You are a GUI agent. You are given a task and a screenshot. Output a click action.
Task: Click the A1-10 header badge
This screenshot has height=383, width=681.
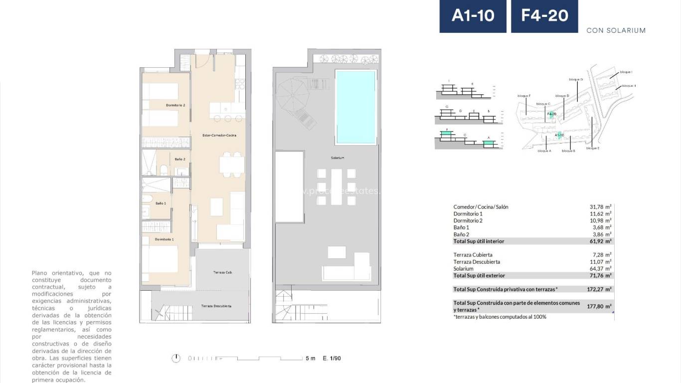[473, 16]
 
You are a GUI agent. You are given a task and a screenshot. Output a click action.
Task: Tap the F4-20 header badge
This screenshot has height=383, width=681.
[544, 16]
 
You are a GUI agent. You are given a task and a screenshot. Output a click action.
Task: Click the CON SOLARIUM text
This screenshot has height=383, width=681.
[616, 30]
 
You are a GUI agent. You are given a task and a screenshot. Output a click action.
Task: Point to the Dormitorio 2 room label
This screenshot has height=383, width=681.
[175, 105]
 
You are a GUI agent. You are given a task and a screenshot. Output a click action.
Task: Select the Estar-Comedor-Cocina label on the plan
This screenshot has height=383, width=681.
[219, 136]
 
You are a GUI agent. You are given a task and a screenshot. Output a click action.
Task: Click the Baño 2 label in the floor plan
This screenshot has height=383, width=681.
[180, 159]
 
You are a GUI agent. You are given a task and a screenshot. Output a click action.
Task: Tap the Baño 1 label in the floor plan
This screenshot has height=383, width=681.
[161, 203]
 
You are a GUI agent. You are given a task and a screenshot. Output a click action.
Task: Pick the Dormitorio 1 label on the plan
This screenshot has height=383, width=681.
[164, 239]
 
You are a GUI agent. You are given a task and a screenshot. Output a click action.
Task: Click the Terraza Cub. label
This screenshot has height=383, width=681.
[222, 272]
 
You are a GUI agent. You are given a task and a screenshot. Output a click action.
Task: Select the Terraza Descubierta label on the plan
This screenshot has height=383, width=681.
[216, 306]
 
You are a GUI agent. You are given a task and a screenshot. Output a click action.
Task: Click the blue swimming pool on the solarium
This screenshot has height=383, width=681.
[355, 107]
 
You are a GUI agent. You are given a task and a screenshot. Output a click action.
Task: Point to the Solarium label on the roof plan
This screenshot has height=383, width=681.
[338, 158]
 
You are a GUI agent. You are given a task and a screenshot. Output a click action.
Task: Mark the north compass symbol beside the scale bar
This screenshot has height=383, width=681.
[175, 358]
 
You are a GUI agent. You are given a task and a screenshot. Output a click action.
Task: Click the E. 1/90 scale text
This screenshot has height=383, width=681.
[332, 358]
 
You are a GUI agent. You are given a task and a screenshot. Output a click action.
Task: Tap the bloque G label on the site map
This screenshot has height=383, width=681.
[576, 79]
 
